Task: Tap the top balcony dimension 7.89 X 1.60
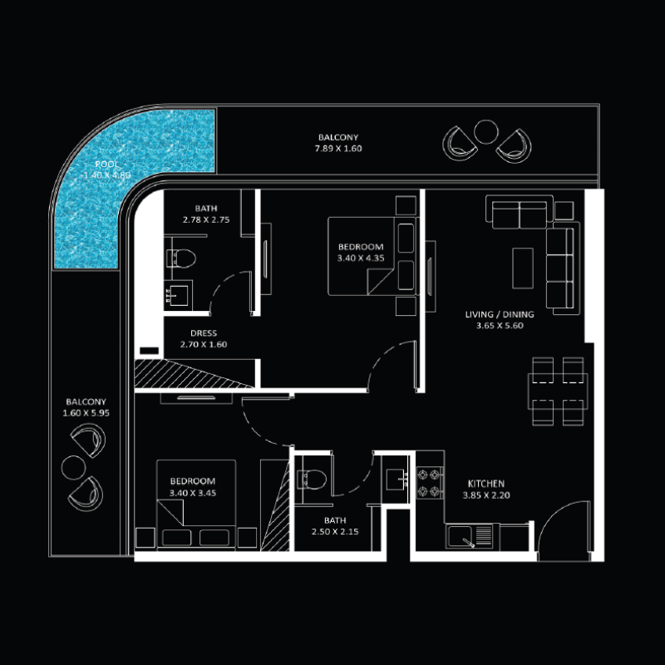(338, 149)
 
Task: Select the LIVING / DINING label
(500, 315)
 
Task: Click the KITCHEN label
(485, 484)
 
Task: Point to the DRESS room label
(204, 333)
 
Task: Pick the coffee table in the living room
(522, 268)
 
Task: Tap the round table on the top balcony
(484, 131)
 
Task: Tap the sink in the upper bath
(178, 293)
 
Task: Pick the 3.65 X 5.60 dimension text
(500, 326)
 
